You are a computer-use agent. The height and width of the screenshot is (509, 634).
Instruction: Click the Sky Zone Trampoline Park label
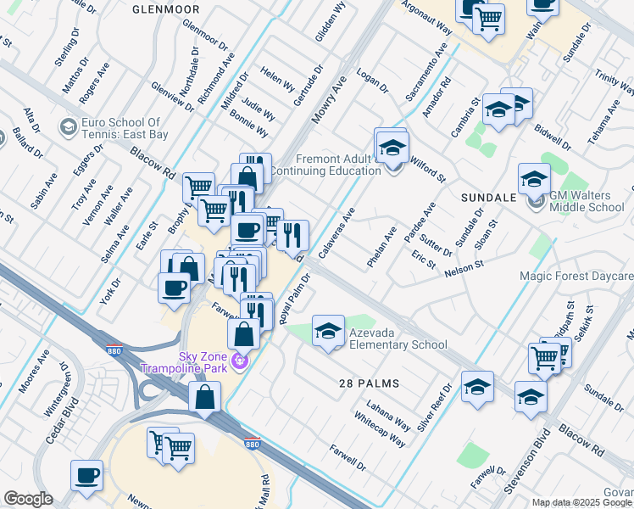(211, 362)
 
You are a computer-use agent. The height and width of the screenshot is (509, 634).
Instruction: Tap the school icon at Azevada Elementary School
(328, 332)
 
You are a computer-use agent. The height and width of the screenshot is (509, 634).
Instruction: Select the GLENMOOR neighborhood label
(166, 8)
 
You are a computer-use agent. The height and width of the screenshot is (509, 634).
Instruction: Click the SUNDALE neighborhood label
(488, 197)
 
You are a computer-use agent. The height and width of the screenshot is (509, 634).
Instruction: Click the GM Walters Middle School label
(587, 201)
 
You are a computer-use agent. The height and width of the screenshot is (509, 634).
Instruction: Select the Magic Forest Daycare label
(576, 277)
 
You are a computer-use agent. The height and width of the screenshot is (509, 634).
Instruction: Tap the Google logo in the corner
(28, 499)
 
